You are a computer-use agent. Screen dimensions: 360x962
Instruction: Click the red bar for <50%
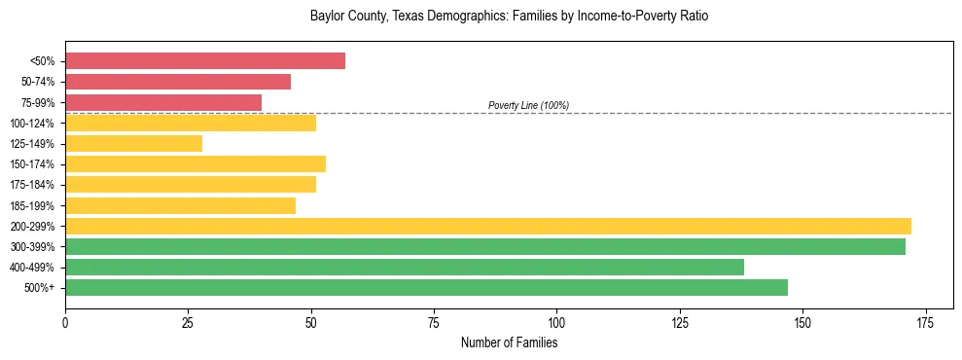coord(205,61)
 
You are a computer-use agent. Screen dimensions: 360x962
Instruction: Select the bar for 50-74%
coord(178,82)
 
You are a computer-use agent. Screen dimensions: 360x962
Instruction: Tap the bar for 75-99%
coord(163,102)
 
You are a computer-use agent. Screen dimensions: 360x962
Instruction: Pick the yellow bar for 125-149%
coord(134,143)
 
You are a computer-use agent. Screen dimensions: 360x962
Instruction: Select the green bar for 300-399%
coord(485,246)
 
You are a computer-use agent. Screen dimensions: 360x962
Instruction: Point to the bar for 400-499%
coord(405,267)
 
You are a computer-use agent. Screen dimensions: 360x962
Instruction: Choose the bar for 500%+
coord(426,287)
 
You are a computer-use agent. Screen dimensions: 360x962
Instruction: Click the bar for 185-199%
coord(180,205)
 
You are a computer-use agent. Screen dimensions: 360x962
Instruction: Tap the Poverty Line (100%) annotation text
coord(528,105)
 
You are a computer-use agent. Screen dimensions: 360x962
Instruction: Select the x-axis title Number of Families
coord(509,342)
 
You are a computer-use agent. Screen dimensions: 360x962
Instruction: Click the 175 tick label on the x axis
coord(925,321)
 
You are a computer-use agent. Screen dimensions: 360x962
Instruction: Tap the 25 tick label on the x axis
coord(188,321)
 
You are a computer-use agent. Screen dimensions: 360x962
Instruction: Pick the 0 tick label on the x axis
coord(65,321)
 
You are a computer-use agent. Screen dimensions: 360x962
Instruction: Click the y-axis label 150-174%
coord(32,164)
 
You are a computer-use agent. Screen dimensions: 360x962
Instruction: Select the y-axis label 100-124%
coord(32,124)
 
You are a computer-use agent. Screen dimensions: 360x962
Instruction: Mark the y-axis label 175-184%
coord(32,185)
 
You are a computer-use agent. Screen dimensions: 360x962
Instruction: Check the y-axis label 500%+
coord(39,288)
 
